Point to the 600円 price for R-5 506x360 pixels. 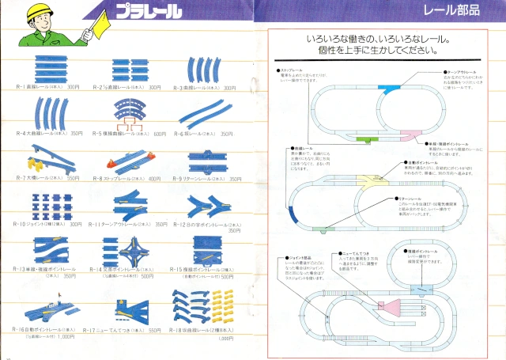point(161,134)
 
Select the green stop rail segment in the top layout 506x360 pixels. point(366,139)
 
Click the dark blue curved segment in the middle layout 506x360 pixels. point(293,213)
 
